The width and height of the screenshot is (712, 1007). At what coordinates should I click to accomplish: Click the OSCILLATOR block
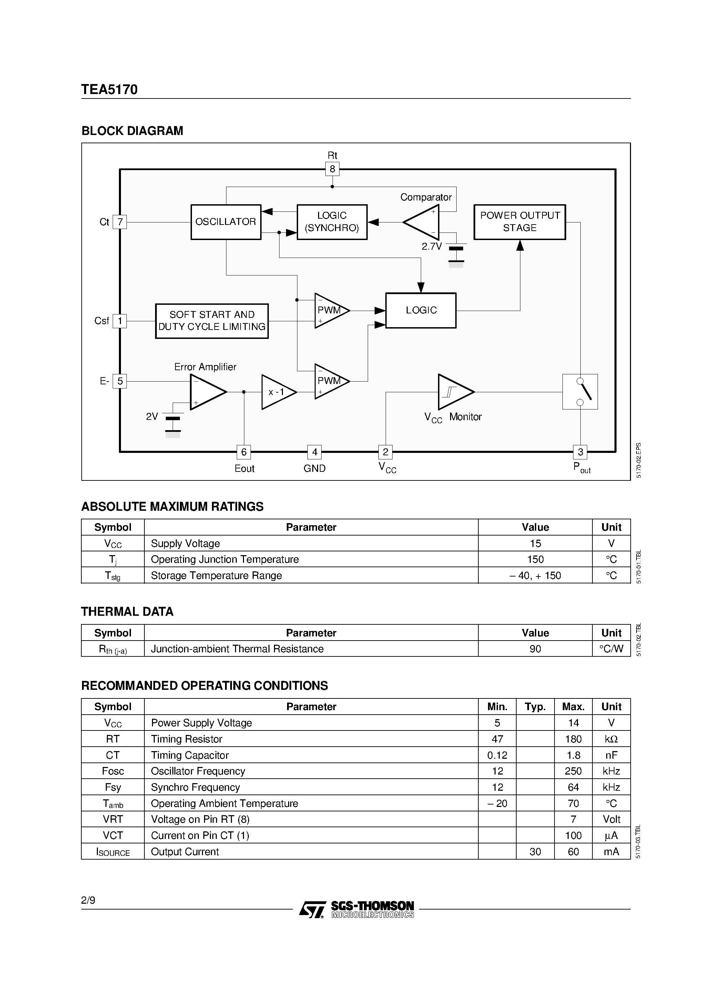tap(226, 222)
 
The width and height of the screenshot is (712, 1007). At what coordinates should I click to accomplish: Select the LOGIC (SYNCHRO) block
tap(332, 222)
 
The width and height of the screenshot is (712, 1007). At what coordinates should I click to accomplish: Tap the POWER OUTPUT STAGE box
tap(520, 222)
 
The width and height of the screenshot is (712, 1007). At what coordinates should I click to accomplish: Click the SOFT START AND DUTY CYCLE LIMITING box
tap(212, 321)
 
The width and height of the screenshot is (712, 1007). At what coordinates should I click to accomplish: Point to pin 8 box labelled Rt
tap(332, 169)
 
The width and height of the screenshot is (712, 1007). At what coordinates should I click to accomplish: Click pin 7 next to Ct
tap(120, 222)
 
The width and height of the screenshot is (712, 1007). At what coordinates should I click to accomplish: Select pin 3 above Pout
tap(580, 452)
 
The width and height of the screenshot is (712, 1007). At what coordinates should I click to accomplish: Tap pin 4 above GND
tap(314, 452)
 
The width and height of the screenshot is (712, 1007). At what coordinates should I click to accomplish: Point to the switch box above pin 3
tap(580, 392)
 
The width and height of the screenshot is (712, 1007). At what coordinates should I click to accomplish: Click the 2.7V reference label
tap(431, 247)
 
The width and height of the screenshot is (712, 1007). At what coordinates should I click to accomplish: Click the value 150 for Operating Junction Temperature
tap(535, 559)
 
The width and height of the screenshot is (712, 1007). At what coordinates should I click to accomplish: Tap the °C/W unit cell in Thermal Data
tap(611, 649)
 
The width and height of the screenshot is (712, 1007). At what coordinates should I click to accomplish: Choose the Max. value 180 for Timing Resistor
tap(573, 739)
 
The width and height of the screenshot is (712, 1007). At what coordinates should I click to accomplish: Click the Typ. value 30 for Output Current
tap(535, 851)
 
